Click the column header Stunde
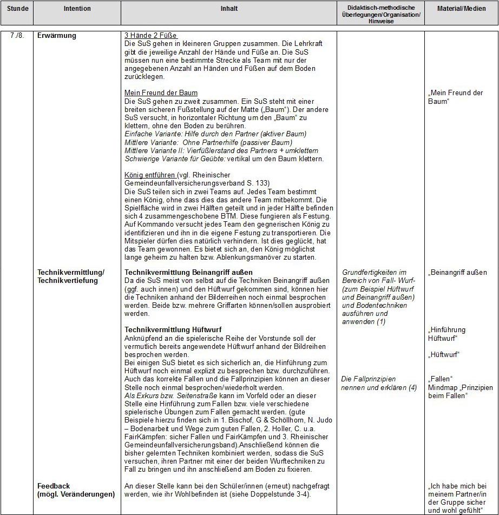(17, 9)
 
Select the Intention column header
(77, 9)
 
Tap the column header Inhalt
(229, 9)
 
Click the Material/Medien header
(461, 9)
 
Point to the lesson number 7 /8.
(17, 36)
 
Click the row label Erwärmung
(57, 36)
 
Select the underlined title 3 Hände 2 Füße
(151, 36)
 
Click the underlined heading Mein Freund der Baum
(161, 93)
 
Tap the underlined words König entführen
(150, 175)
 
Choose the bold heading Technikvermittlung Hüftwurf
(173, 329)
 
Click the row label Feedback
(54, 486)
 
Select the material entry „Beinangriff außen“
(457, 273)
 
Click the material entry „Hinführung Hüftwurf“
(447, 334)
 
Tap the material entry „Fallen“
(440, 379)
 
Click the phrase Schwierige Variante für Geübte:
(169, 159)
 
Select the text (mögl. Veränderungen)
(76, 494)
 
